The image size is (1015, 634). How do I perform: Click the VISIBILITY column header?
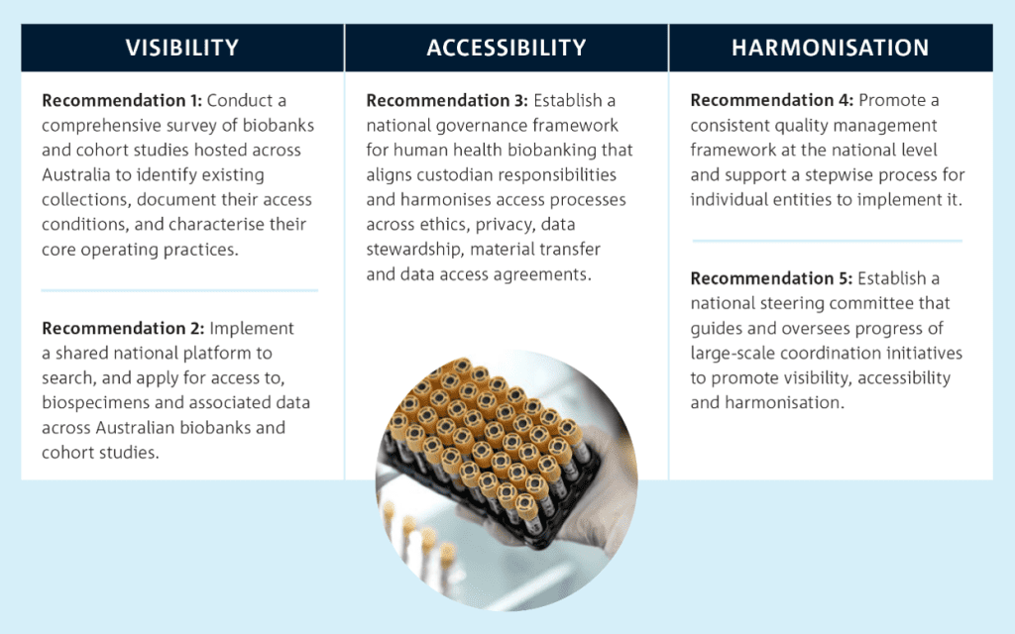[x=182, y=48]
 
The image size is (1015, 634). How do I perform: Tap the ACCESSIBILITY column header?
[x=507, y=48]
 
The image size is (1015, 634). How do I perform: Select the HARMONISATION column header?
[x=831, y=48]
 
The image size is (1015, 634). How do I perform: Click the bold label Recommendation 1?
[x=122, y=100]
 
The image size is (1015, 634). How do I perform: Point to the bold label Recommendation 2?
[x=123, y=328]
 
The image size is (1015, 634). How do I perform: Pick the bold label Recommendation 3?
[x=447, y=100]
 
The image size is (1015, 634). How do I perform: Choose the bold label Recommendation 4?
[x=771, y=100]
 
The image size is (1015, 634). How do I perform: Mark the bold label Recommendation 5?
[x=771, y=278]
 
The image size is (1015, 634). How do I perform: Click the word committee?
[x=871, y=303]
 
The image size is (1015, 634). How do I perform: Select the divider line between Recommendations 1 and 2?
[x=179, y=290]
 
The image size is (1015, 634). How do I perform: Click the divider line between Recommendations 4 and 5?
[x=828, y=241]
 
